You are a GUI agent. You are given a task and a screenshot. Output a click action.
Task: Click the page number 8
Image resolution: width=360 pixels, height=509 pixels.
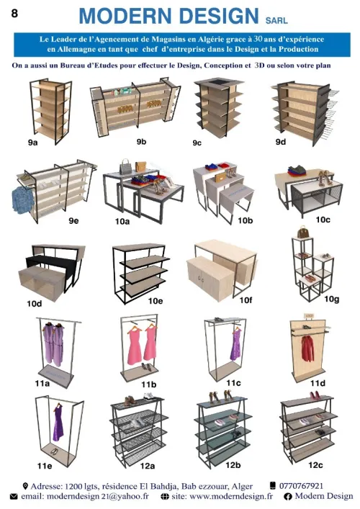[x=14, y=13]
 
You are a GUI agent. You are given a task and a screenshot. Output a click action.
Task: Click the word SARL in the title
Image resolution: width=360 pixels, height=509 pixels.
[x=276, y=20]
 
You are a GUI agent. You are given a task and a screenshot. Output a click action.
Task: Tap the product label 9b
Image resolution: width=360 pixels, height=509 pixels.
[x=141, y=142]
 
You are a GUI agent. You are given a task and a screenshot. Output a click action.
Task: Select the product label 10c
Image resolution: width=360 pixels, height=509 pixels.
[x=323, y=220]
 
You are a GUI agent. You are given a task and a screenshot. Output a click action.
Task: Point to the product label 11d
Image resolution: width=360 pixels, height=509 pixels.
[x=318, y=384]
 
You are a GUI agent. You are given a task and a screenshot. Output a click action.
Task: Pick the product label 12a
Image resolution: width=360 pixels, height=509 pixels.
[x=148, y=466]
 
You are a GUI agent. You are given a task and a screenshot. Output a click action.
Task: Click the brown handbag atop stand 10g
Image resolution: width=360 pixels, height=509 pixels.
[x=302, y=232]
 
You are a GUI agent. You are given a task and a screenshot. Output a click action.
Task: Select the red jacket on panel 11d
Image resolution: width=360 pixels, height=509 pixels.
[x=307, y=348]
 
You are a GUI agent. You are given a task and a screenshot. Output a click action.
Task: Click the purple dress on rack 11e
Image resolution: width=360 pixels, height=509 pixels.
[x=58, y=423]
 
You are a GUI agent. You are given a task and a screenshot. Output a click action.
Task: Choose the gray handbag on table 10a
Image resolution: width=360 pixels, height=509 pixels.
[x=125, y=167]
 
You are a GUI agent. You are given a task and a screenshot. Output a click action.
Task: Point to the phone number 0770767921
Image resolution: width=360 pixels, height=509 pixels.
[x=301, y=486]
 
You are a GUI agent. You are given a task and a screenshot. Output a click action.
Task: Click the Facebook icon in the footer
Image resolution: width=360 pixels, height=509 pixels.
[x=287, y=496]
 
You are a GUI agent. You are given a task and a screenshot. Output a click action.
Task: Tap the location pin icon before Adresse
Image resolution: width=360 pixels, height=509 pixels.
[x=25, y=486]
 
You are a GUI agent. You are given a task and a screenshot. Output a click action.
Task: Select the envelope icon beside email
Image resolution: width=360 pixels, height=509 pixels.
[x=14, y=496]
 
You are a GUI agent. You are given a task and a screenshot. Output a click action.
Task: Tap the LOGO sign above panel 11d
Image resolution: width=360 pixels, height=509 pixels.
[x=309, y=315]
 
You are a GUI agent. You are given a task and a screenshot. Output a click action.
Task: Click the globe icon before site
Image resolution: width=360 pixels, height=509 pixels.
[x=165, y=496]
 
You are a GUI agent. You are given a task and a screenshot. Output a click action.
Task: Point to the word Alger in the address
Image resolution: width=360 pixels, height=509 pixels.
[x=242, y=486]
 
